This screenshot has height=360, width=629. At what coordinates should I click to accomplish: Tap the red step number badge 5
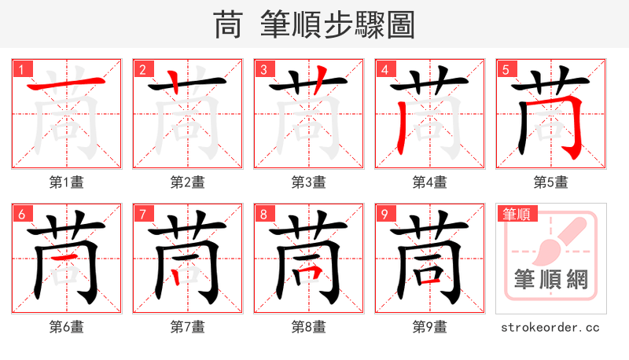pos(506,69)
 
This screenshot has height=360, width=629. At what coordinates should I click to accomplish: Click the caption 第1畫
pos(67,182)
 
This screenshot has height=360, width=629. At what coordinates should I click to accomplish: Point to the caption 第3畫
pos(308,182)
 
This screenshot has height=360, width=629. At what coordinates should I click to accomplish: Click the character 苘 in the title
pos(227,25)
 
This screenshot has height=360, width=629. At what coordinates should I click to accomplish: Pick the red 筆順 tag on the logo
pos(516,214)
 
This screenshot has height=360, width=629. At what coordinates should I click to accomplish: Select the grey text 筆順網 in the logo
pos(550,279)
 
